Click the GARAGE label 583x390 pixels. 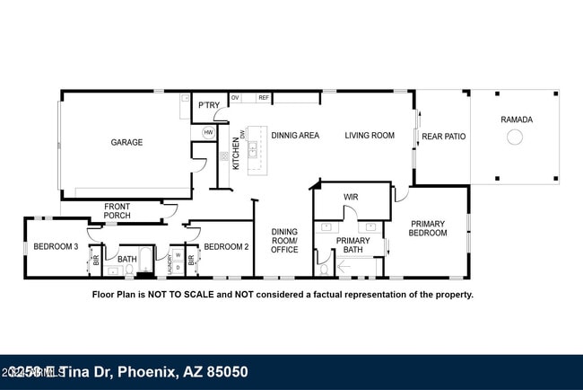tap(126, 142)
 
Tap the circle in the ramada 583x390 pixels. tap(515, 137)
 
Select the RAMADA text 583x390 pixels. tap(516, 120)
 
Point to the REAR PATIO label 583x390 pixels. tap(443, 137)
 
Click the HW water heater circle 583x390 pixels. tap(208, 132)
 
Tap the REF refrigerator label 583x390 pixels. tap(264, 97)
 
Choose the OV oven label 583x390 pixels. tap(236, 97)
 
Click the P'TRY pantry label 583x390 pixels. tap(209, 106)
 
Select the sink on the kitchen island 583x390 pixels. tap(253, 149)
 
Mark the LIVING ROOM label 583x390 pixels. tap(370, 136)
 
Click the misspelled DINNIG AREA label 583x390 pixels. tap(295, 136)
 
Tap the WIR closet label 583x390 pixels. tap(351, 197)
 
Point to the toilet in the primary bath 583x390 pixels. tap(324, 269)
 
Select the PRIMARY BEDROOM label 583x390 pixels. tap(428, 228)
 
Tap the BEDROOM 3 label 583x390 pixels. tap(56, 246)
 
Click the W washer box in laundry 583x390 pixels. tap(178, 254)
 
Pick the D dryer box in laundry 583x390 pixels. tap(178, 267)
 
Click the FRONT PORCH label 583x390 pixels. tap(117, 211)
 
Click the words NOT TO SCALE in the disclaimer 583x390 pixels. tap(180, 294)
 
